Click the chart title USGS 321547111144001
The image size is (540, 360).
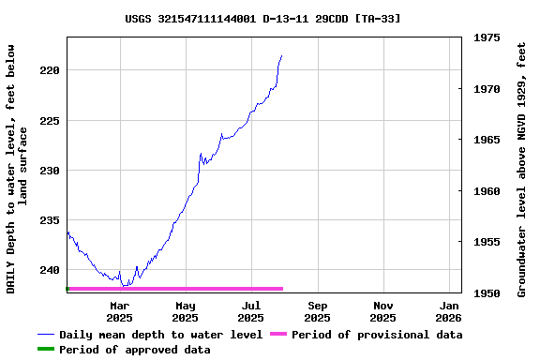(262, 19)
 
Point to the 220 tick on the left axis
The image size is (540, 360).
(52, 70)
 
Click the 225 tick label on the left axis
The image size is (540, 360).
(52, 120)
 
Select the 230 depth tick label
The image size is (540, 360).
(52, 171)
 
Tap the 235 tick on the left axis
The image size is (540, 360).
(52, 220)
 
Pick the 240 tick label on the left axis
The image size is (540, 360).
(52, 270)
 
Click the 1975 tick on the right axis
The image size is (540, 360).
(487, 38)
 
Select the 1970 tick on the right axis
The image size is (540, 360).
(487, 89)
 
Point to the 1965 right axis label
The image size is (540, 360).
(487, 140)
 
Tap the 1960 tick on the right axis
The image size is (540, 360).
(487, 191)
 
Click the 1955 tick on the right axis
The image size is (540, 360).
(487, 242)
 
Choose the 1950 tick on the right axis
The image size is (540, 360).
(487, 293)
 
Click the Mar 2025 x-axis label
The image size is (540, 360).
(119, 311)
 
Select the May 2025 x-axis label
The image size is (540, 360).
(186, 311)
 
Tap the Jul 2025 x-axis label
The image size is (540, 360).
(250, 311)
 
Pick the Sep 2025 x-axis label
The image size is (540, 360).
(318, 311)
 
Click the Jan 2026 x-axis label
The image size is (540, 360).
(450, 311)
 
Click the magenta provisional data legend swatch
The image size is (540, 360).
(278, 335)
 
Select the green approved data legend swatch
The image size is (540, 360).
(45, 350)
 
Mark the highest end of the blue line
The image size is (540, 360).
(281, 56)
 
